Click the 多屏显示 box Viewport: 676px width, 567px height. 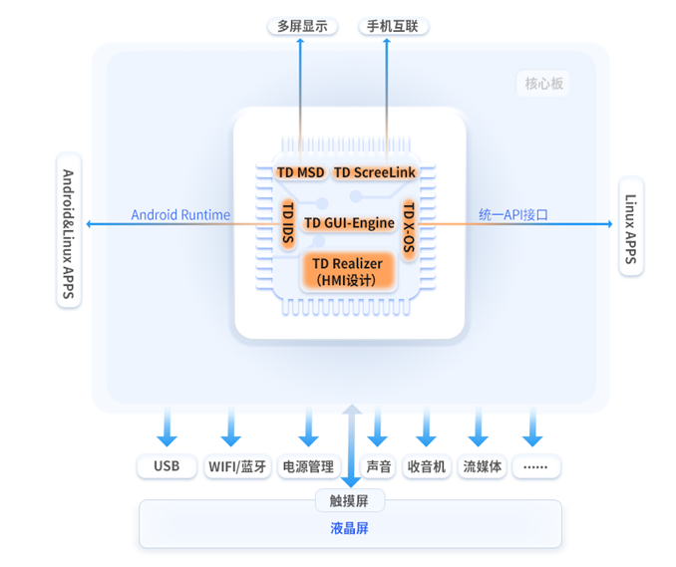pyautogui.click(x=302, y=26)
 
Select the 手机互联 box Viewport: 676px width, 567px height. pyautogui.click(x=393, y=26)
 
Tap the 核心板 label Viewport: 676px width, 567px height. pyautogui.click(x=544, y=84)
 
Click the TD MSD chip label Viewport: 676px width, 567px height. pyautogui.click(x=300, y=172)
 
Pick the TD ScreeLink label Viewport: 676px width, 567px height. pyautogui.click(x=374, y=172)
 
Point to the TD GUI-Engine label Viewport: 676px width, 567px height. pyautogui.click(x=349, y=223)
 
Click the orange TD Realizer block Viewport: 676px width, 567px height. pyautogui.click(x=349, y=270)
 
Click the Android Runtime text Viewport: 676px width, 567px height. pyautogui.click(x=180, y=214)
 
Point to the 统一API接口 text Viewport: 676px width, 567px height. pyautogui.click(x=513, y=214)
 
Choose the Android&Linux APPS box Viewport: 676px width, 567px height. pyautogui.click(x=68, y=230)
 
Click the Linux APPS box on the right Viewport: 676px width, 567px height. pyautogui.click(x=630, y=226)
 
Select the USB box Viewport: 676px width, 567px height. pyautogui.click(x=167, y=465)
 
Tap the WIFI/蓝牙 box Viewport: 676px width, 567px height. pyautogui.click(x=237, y=465)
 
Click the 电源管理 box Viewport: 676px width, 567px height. pyautogui.click(x=309, y=465)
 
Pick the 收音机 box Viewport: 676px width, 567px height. pyautogui.click(x=428, y=465)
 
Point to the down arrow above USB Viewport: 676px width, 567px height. pyautogui.click(x=167, y=426)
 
